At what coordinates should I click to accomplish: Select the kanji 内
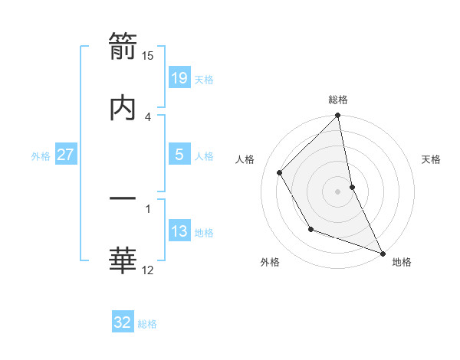[x=123, y=108]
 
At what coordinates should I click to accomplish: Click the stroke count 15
[x=148, y=55]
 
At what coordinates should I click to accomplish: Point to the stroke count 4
[x=148, y=116]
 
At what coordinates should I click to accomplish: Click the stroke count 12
[x=148, y=270]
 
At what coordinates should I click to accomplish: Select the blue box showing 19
[x=179, y=78]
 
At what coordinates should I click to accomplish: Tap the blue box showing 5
[x=179, y=155]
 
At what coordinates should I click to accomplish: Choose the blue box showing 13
[x=179, y=231]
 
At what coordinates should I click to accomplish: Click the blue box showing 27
[x=66, y=155]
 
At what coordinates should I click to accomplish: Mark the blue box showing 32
[x=123, y=322]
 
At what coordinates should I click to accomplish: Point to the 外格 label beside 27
[x=41, y=156]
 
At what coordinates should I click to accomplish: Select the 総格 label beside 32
[x=147, y=324]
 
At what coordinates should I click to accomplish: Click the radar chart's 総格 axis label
[x=338, y=100]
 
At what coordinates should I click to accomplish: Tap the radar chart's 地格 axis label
[x=402, y=263]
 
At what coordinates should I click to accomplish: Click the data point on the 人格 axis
[x=280, y=172]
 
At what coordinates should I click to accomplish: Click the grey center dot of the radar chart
[x=338, y=191]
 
